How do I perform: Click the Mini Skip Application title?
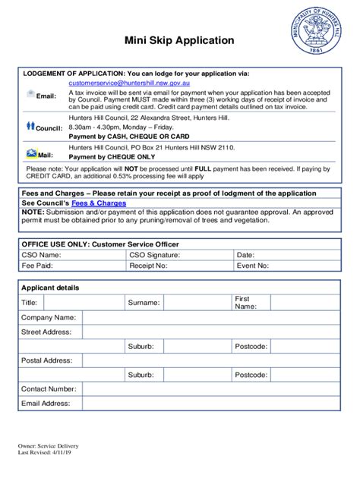coord(180,40)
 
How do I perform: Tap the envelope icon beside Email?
coord(30,93)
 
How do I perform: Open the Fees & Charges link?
coord(99,203)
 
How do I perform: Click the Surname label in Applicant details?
coord(144,303)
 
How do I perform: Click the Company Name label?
coord(49,317)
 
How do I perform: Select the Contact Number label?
coord(49,388)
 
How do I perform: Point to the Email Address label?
coord(46,403)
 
